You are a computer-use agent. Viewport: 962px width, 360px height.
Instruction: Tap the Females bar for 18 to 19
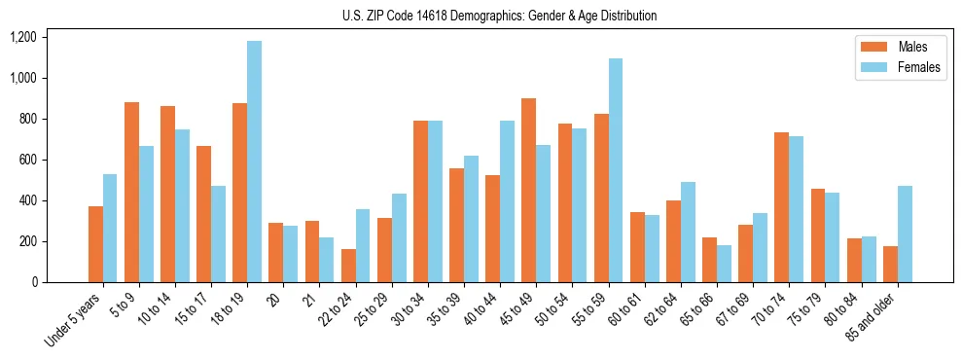click(254, 162)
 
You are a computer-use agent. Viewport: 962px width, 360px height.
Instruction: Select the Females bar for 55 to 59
click(616, 170)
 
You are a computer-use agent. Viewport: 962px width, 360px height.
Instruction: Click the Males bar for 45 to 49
click(528, 190)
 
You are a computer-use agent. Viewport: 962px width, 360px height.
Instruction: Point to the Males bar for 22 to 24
click(348, 266)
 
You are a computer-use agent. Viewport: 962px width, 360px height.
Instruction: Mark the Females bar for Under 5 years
click(110, 228)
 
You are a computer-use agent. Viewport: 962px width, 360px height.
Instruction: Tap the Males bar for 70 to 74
click(781, 207)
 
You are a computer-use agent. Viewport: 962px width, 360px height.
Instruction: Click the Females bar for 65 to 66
click(724, 264)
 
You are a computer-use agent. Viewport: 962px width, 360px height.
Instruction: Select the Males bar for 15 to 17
click(203, 214)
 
